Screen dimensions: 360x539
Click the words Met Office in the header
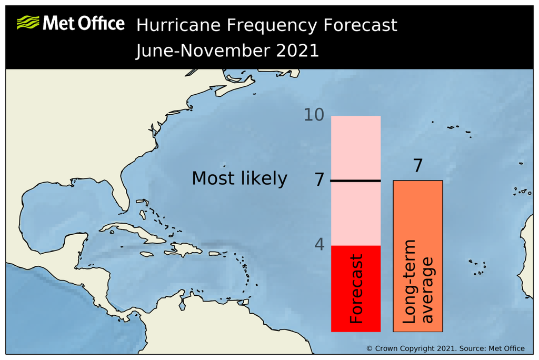point(84,23)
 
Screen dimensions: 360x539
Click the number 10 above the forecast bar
point(314,115)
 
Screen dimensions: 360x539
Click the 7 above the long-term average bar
point(417,166)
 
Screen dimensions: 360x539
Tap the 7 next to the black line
point(319,180)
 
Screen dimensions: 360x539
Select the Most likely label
point(239,178)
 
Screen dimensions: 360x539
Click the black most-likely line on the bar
point(355,181)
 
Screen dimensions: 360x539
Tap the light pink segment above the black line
point(355,147)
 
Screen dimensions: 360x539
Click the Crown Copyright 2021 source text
point(445,348)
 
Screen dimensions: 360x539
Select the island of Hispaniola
point(182,247)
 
